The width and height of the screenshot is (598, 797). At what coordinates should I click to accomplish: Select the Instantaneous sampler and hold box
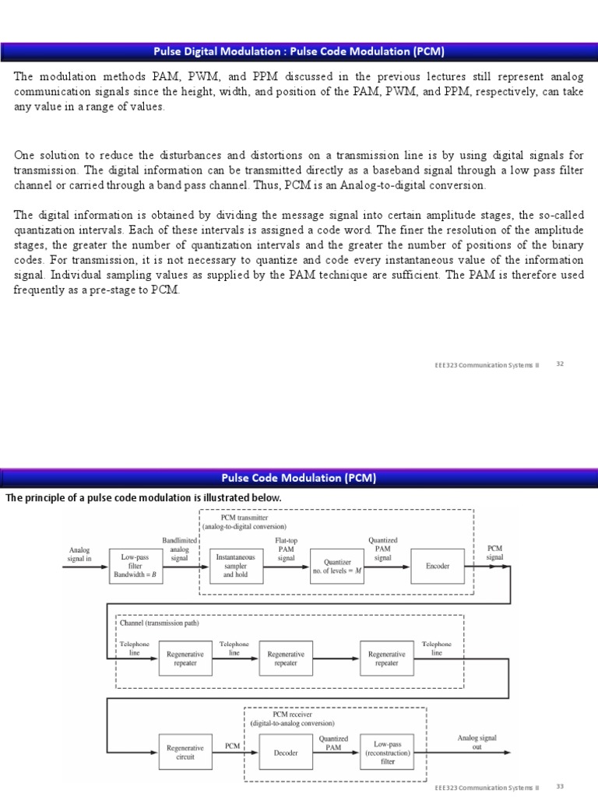tap(235, 567)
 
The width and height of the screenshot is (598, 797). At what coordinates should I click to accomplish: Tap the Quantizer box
tap(337, 567)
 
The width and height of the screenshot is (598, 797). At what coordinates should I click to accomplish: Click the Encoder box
tap(438, 567)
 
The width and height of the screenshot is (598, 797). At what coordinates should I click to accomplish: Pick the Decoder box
tap(286, 752)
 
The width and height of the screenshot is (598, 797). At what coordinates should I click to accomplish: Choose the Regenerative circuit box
tap(185, 752)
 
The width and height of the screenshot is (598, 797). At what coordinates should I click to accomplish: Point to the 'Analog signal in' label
tap(79, 553)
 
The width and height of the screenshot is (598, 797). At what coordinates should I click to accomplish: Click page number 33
tap(559, 786)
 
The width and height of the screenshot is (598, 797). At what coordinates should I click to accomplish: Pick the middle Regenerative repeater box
tap(286, 659)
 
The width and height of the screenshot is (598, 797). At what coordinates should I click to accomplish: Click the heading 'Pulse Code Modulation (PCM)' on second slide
tap(299, 478)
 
